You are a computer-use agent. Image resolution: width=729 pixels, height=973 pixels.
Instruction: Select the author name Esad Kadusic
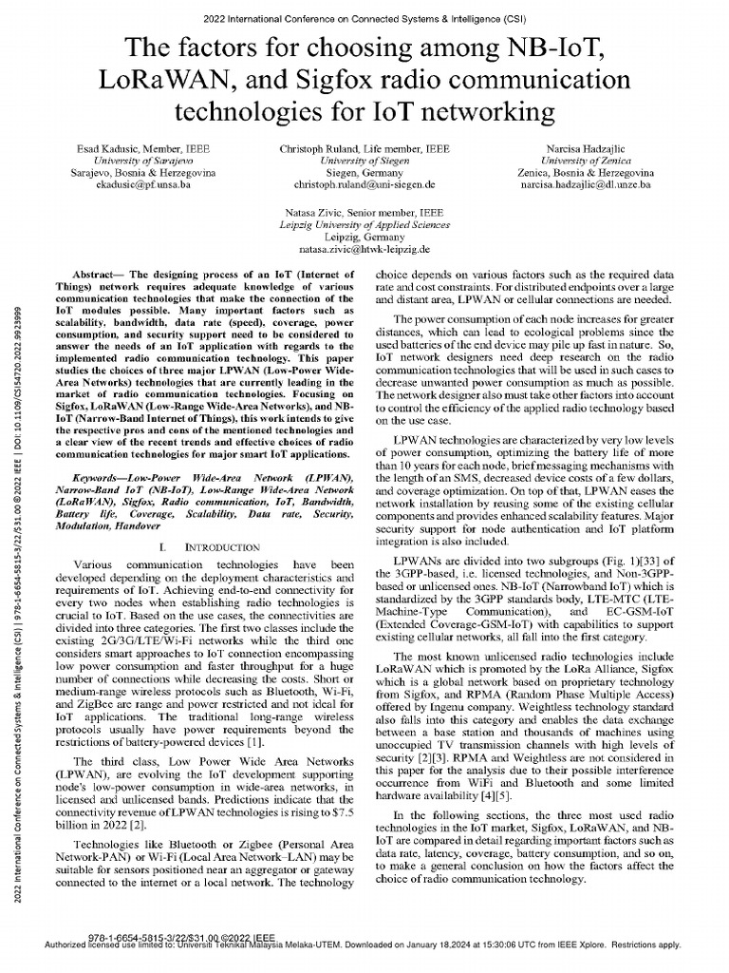(103, 150)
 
